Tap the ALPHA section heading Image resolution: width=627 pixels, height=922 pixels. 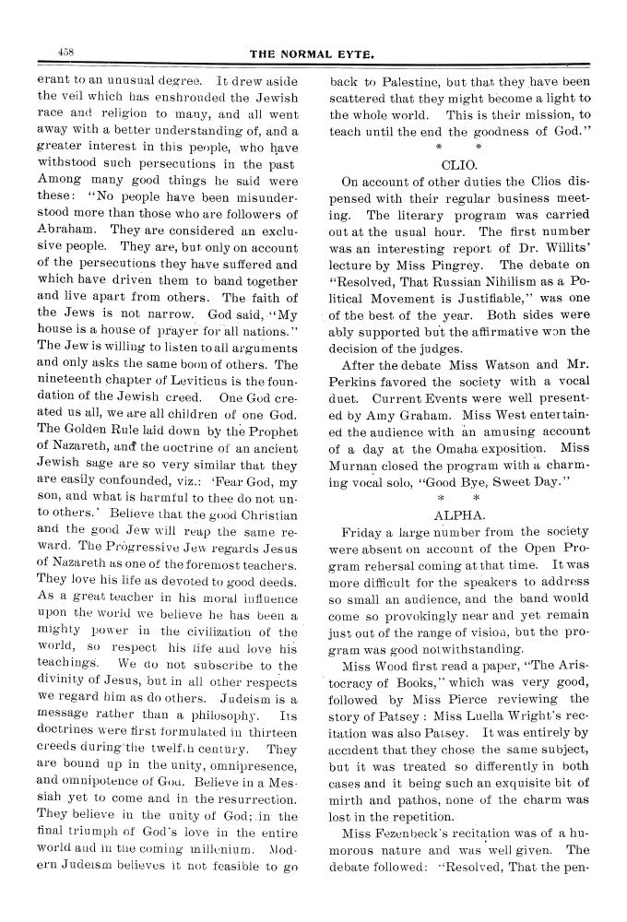point(458,514)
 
